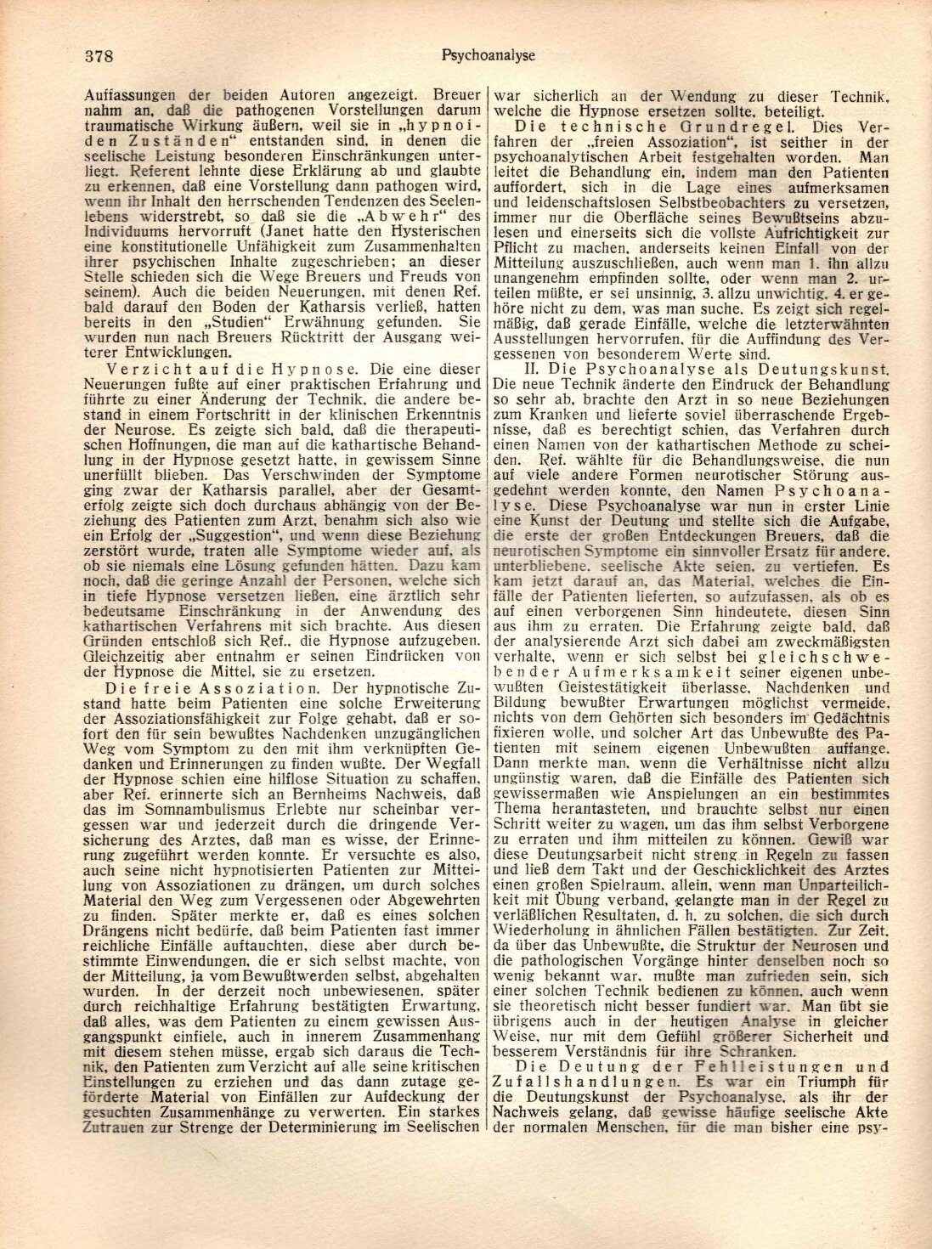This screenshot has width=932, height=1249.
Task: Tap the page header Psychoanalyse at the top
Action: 487,56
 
